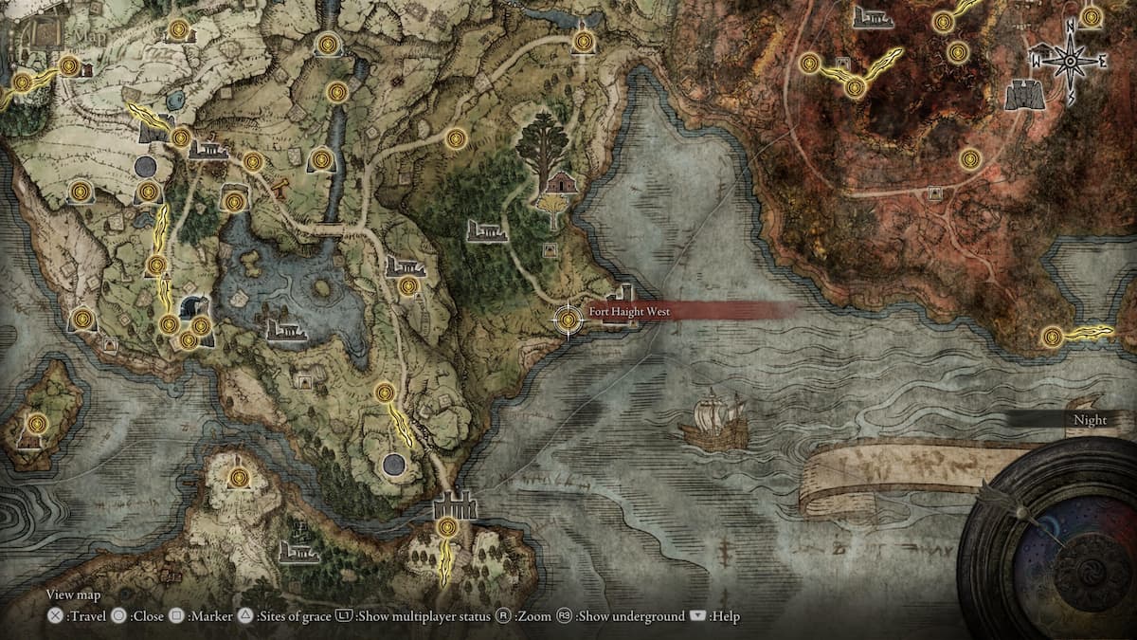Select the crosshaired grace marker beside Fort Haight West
(x=568, y=320)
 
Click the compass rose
(x=1070, y=62)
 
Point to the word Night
(x=1090, y=420)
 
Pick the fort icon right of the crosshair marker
(x=622, y=305)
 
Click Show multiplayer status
(x=414, y=616)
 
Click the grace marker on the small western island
(x=36, y=423)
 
